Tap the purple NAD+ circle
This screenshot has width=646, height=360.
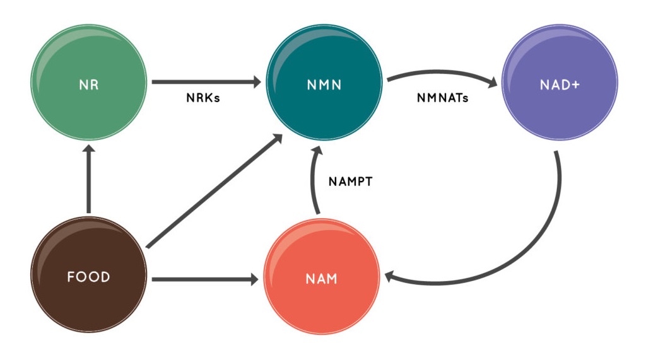(x=559, y=104)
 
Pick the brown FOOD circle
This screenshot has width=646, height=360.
(x=89, y=296)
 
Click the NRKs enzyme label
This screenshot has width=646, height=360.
(x=203, y=98)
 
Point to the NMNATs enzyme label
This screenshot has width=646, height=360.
(x=443, y=98)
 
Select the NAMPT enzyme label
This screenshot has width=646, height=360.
(x=351, y=182)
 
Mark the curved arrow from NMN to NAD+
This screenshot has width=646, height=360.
(x=442, y=73)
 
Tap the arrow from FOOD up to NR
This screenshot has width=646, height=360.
(x=89, y=180)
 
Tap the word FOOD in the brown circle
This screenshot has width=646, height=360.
(x=89, y=277)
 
